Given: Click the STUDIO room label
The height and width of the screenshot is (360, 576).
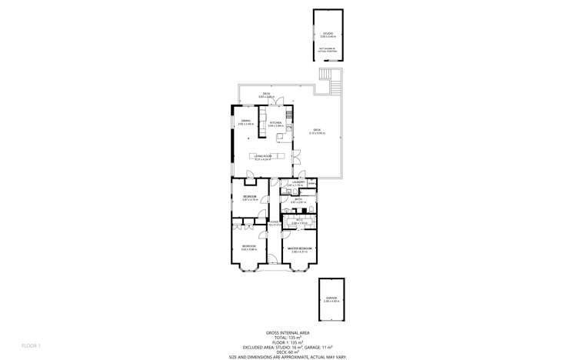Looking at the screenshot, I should tap(328, 33).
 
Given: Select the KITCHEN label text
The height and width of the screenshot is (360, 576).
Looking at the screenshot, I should tap(275, 123).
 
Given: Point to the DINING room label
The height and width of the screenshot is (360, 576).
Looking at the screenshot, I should tap(247, 122).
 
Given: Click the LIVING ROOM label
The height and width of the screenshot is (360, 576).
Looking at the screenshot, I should tap(264, 156).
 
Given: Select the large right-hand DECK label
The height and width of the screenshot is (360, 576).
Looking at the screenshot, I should tap(317, 131).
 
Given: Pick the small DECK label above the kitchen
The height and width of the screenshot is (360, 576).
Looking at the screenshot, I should tap(265, 94).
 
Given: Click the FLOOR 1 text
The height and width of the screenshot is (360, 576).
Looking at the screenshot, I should tap(30, 345).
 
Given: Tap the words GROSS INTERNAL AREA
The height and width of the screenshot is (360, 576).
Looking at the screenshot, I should tap(288, 333).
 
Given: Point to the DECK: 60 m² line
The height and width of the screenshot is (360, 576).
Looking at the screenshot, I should tap(288, 352).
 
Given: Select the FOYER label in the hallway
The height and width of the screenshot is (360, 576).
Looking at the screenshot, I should tap(273, 223).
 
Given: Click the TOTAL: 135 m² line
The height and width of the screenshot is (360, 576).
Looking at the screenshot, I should tap(288, 338).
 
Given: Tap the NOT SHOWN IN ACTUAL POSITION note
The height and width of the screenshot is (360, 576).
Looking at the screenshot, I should tap(328, 48).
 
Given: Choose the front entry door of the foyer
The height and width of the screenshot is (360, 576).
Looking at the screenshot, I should tap(273, 265).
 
